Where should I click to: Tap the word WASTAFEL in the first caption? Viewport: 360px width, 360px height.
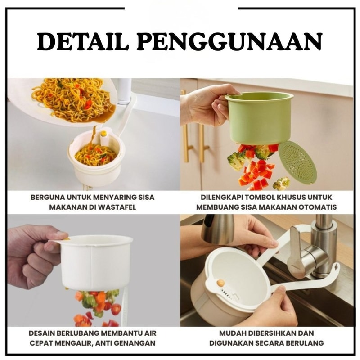pyautogui.click(x=117, y=207)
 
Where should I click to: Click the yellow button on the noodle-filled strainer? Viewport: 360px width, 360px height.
pyautogui.click(x=104, y=133)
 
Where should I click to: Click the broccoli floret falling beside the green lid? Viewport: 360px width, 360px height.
pyautogui.click(x=282, y=183)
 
